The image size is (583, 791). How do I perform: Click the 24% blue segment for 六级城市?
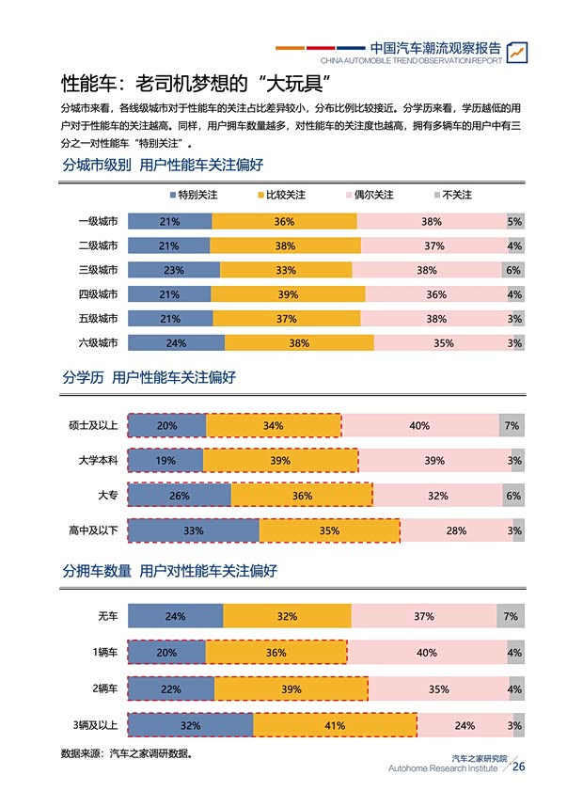[x=176, y=343]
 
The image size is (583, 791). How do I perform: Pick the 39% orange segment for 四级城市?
[x=288, y=294]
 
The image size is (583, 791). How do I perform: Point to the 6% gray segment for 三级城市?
[x=512, y=270]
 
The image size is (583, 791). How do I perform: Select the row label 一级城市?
[x=98, y=222]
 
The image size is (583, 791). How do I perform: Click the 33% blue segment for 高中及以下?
[x=193, y=530]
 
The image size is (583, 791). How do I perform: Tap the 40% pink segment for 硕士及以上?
[x=419, y=426]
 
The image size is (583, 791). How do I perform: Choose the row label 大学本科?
[x=98, y=461]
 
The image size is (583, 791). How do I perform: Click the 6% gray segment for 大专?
[x=512, y=496]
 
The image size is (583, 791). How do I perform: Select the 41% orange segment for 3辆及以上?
[x=335, y=725]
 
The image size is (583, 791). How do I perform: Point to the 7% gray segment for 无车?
[x=511, y=617]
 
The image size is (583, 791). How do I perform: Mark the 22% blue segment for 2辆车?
[x=170, y=689]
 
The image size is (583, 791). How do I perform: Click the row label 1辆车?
[x=104, y=653]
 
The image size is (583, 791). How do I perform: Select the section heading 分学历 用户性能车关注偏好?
[x=149, y=378]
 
